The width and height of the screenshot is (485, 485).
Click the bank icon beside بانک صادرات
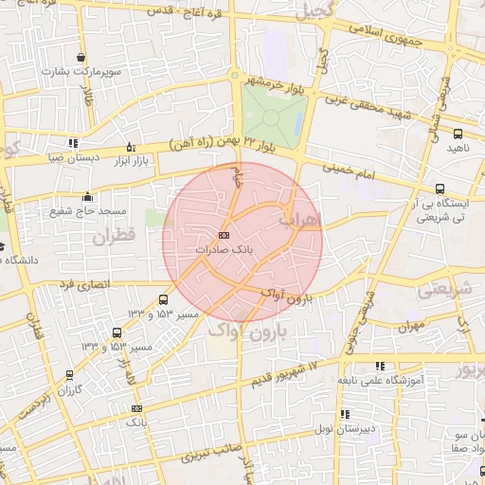click(x=224, y=234)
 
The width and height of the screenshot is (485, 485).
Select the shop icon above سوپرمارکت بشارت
click(x=82, y=57)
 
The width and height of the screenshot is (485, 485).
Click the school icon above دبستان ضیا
click(x=73, y=144)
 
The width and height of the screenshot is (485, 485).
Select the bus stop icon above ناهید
click(x=458, y=135)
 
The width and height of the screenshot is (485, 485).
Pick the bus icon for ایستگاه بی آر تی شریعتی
click(x=440, y=189)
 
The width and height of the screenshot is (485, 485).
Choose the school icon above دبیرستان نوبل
click(x=345, y=414)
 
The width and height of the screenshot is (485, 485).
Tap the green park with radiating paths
click(x=273, y=118)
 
